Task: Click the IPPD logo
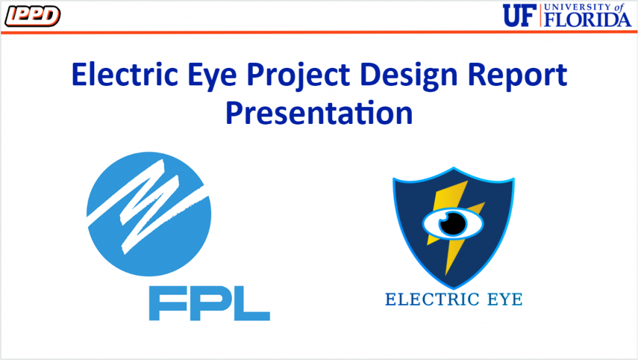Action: pos(32,16)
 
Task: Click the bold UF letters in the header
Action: pos(519,16)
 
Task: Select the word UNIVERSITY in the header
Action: pos(578,7)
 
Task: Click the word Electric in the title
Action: pos(125,75)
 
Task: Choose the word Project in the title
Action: pos(298,77)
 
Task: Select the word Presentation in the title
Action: pos(320,113)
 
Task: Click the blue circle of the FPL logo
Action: pos(149,214)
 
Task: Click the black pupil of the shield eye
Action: pos(453,223)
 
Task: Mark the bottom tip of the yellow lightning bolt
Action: pos(446,275)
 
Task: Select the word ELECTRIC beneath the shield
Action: pos(432,300)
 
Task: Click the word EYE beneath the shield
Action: pos(505,300)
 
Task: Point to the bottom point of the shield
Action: pos(454,288)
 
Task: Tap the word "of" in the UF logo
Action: pos(619,7)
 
